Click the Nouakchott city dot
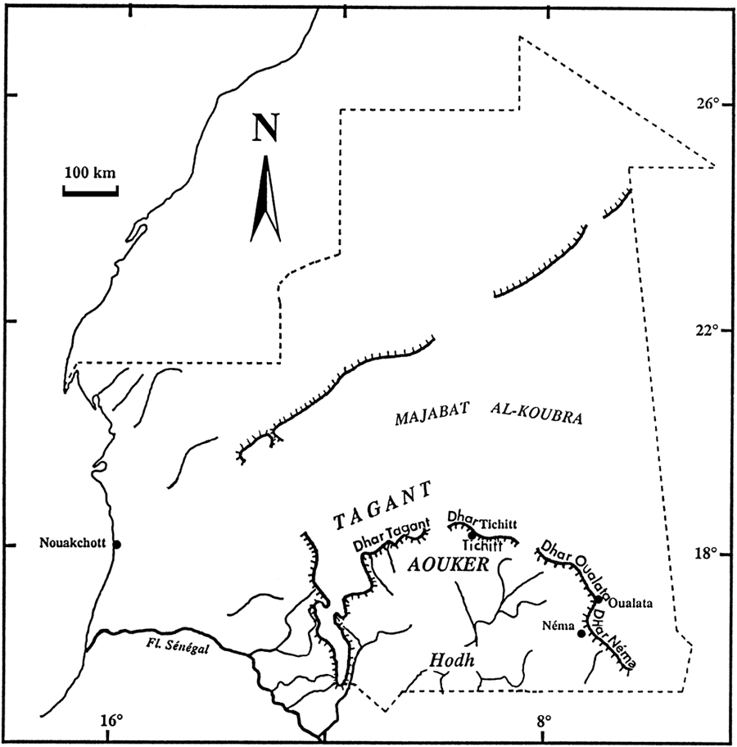coord(117,545)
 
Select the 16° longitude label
coord(112,722)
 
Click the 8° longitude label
coord(543,722)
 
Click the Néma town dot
coord(581,633)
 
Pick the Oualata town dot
coord(599,600)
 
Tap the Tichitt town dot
coord(472,534)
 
